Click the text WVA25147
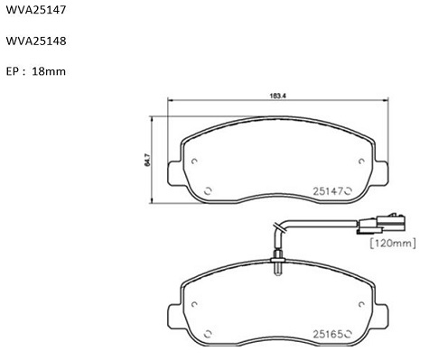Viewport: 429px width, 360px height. [36, 10]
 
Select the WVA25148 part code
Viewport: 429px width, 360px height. [36, 41]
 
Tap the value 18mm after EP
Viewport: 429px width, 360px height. [49, 71]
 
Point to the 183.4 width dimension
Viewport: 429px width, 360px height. [277, 96]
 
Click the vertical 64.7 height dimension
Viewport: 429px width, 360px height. [147, 161]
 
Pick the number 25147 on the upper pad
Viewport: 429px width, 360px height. [328, 191]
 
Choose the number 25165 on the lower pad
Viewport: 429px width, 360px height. [328, 334]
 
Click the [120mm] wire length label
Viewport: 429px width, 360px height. [393, 243]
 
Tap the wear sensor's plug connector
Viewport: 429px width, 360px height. [381, 224]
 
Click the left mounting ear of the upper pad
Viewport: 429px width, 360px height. [174, 173]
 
